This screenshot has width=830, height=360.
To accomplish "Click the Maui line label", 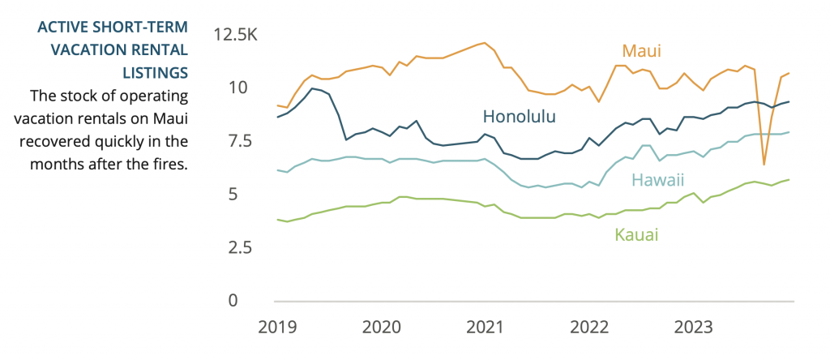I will click(x=642, y=51).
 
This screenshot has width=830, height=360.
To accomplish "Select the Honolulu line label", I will click(x=520, y=116).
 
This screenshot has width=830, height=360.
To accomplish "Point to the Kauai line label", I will click(x=636, y=235).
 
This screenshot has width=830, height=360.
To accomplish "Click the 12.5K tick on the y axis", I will click(x=235, y=34).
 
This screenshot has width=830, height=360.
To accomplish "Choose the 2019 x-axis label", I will click(x=278, y=328).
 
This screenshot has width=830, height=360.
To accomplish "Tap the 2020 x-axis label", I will click(x=382, y=328).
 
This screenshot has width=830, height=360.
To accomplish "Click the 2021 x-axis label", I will click(x=486, y=328).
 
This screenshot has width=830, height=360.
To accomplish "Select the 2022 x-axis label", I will click(x=589, y=328).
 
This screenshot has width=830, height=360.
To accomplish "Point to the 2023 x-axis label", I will click(x=694, y=328).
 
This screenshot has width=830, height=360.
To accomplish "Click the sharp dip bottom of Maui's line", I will click(x=764, y=165).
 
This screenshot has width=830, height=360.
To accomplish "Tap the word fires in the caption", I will click(x=169, y=164).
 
